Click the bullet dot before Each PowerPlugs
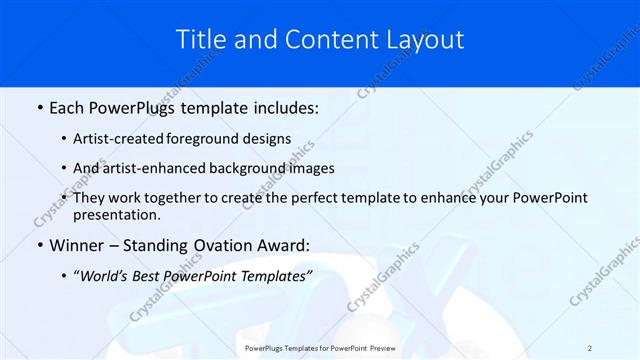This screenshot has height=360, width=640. pos(39,106)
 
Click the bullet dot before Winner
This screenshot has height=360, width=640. pos(39,246)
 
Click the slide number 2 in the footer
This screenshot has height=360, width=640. pos(590,348)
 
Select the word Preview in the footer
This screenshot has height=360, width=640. pos(381,348)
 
